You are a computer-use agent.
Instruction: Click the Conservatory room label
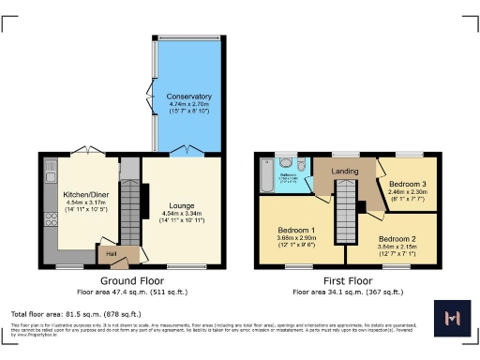coord(189,97)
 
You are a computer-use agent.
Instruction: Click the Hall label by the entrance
coord(111,252)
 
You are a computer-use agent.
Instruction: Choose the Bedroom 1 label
coord(296,230)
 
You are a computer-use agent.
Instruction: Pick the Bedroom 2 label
coord(397,238)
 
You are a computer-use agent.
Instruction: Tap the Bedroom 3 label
coord(408,183)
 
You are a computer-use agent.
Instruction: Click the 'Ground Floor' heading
coord(132,280)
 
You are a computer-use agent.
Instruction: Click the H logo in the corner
coord(454,320)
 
